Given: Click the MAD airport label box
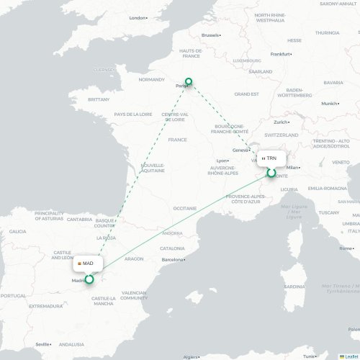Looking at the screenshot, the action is (87, 264).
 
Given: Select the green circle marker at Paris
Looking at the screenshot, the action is (189, 82).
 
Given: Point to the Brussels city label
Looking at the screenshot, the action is (210, 35).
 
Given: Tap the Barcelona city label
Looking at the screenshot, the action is (174, 258).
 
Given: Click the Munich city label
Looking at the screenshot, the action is (330, 104).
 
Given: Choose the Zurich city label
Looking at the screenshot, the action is (281, 122).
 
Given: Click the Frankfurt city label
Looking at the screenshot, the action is (279, 54).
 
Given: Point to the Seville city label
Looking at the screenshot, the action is (43, 344).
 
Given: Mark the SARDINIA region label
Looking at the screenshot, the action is (294, 286).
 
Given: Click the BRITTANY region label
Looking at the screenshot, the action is (98, 99).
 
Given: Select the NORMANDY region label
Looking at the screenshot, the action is (152, 79).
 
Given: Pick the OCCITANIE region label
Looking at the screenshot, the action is (185, 208).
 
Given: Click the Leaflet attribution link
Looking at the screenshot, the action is (351, 356).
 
